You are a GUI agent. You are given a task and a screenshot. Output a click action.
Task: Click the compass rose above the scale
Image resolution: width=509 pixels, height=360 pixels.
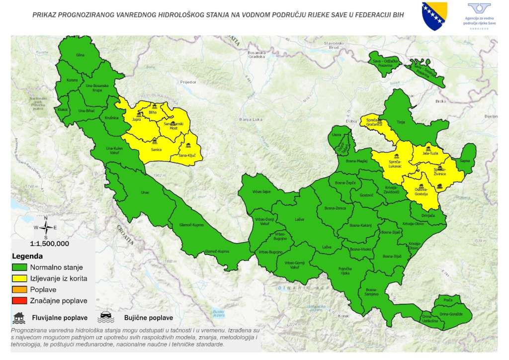pyautogui.click(x=46, y=228)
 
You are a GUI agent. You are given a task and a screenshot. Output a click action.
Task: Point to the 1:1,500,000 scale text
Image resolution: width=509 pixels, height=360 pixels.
pyautogui.click(x=49, y=244)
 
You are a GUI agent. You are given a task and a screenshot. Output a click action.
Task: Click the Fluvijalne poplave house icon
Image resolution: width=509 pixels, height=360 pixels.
pyautogui.click(x=19, y=317)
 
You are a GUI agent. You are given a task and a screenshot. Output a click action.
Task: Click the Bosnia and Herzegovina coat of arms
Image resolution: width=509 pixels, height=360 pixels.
pyautogui.click(x=434, y=16)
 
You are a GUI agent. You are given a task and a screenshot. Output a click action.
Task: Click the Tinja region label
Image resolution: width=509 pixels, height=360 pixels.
pyautogui.click(x=402, y=122)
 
